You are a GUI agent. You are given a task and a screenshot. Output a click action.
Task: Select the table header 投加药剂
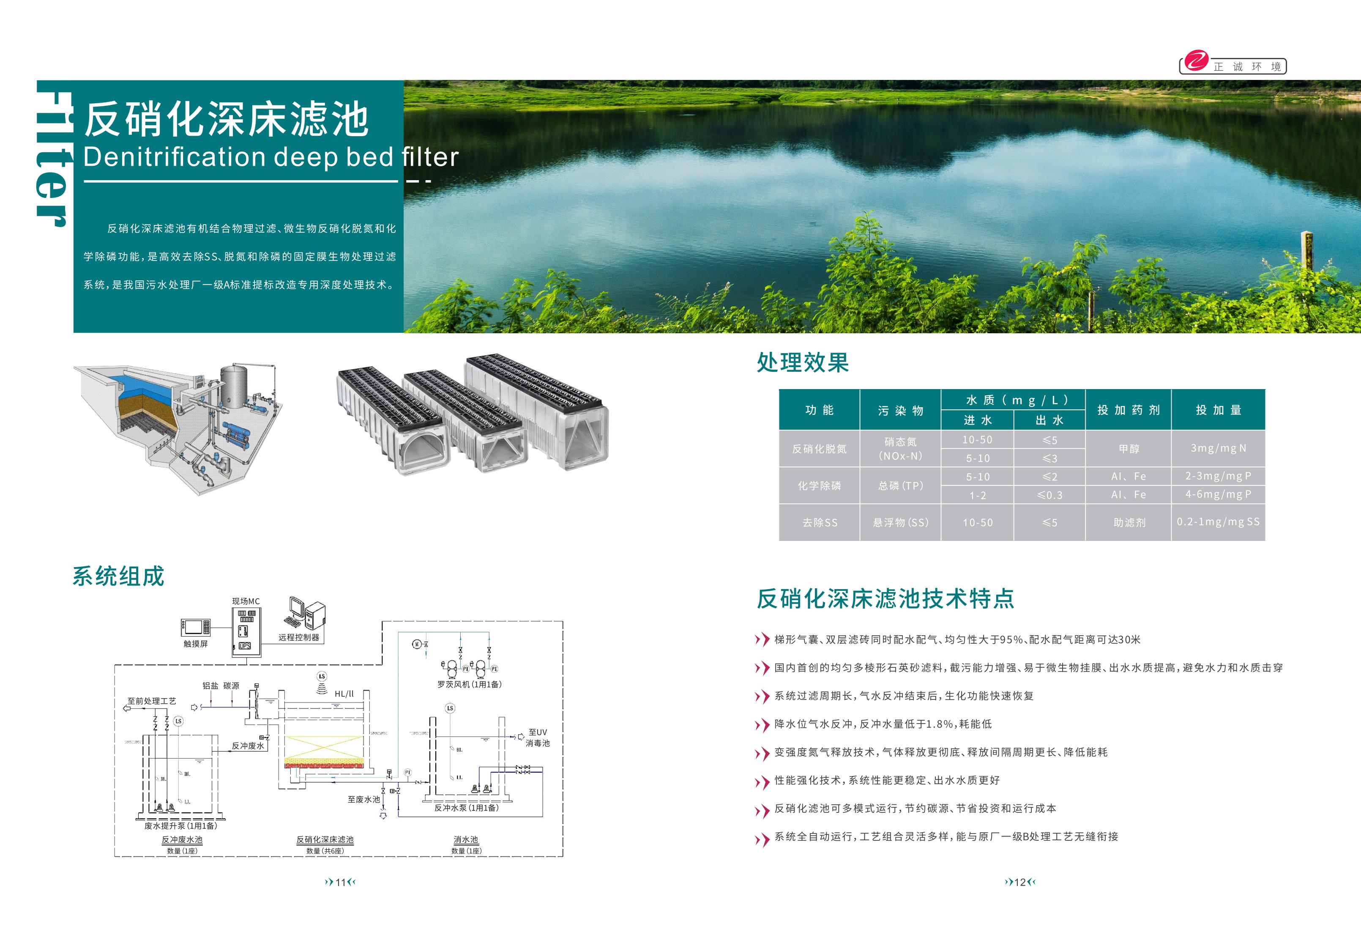1128,410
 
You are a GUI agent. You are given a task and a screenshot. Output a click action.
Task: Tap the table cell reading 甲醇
1129,449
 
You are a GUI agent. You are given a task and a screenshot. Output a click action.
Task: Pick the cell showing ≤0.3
1049,495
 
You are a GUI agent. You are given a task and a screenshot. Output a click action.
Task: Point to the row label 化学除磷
819,486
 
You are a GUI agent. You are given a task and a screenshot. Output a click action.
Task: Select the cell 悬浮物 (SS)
900,523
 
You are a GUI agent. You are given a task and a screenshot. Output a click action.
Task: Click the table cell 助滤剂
1129,523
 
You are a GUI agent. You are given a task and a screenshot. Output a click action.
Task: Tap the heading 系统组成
118,576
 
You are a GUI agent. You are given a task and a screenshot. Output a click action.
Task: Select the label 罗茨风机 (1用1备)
469,684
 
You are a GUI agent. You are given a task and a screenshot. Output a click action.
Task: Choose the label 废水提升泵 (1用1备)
180,826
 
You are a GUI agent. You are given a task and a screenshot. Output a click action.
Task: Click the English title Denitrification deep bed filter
271,157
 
